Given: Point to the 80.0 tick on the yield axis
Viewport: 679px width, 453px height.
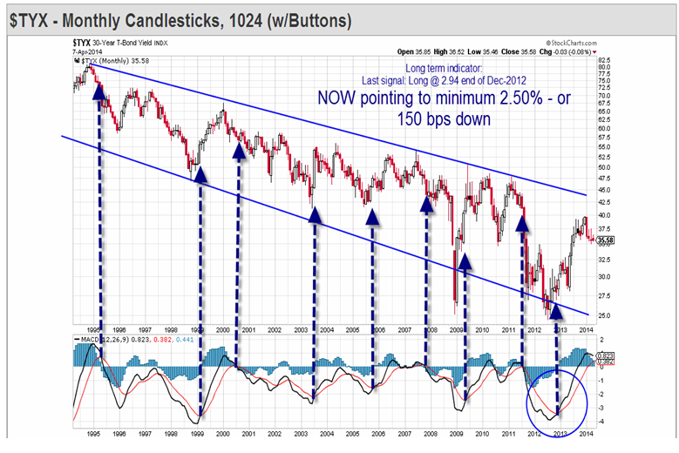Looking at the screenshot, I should (x=604, y=67).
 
